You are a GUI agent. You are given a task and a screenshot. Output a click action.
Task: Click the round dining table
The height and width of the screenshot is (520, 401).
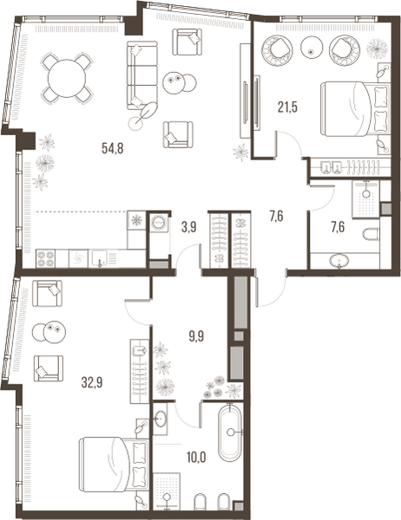tap(67, 78)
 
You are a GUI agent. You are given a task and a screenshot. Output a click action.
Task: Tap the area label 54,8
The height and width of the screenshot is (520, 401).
tap(113, 148)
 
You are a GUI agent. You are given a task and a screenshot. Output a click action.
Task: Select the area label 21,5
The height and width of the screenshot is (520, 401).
tap(287, 107)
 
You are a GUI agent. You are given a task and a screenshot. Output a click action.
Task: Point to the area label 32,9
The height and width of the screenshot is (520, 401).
tap(92, 383)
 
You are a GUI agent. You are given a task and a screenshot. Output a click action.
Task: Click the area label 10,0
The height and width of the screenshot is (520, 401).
tap(196, 458)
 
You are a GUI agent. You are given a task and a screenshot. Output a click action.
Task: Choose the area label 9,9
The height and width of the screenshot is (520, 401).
tap(197, 336)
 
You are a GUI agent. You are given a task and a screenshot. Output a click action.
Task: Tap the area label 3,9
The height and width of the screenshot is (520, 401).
tap(189, 227)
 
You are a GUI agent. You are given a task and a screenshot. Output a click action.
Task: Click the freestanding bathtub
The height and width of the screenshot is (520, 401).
tap(230, 432)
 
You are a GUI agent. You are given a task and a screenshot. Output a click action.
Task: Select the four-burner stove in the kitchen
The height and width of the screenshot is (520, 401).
tap(45, 258)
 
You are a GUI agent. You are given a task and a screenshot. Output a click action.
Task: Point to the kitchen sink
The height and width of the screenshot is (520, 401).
tap(100, 258)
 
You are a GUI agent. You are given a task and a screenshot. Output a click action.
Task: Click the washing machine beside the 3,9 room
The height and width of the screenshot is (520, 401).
tap(158, 222)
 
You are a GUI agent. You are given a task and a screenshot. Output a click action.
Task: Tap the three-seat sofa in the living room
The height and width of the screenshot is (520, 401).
tap(141, 75)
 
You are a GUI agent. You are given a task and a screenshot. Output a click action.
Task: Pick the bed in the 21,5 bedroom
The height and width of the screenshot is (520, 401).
tap(355, 109)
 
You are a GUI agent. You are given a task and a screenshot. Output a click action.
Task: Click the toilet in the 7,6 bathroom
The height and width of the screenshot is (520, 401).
tap(371, 235)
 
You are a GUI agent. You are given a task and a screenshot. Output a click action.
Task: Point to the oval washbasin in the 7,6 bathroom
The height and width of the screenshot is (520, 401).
tap(339, 261)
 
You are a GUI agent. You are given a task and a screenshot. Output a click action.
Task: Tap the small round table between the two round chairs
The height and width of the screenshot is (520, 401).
tap(312, 47)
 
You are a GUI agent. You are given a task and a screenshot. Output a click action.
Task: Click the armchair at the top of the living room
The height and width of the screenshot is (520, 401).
tap(187, 42)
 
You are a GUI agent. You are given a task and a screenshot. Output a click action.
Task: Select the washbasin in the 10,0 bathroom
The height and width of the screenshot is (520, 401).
tap(161, 419)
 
